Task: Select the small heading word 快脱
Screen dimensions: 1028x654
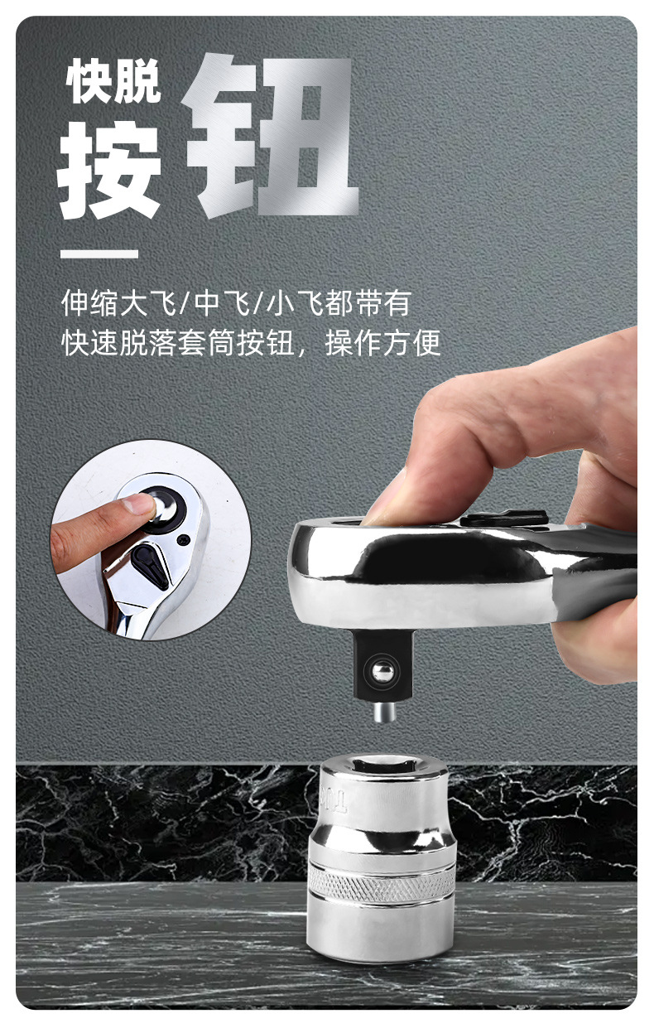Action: (x=114, y=83)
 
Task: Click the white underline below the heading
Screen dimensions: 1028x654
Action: (x=99, y=253)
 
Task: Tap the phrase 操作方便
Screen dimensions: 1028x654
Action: (x=382, y=342)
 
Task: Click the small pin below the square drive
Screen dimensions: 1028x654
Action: (x=381, y=713)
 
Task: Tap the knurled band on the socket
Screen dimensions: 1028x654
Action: (x=382, y=886)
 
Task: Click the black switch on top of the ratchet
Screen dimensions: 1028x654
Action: (x=504, y=519)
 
